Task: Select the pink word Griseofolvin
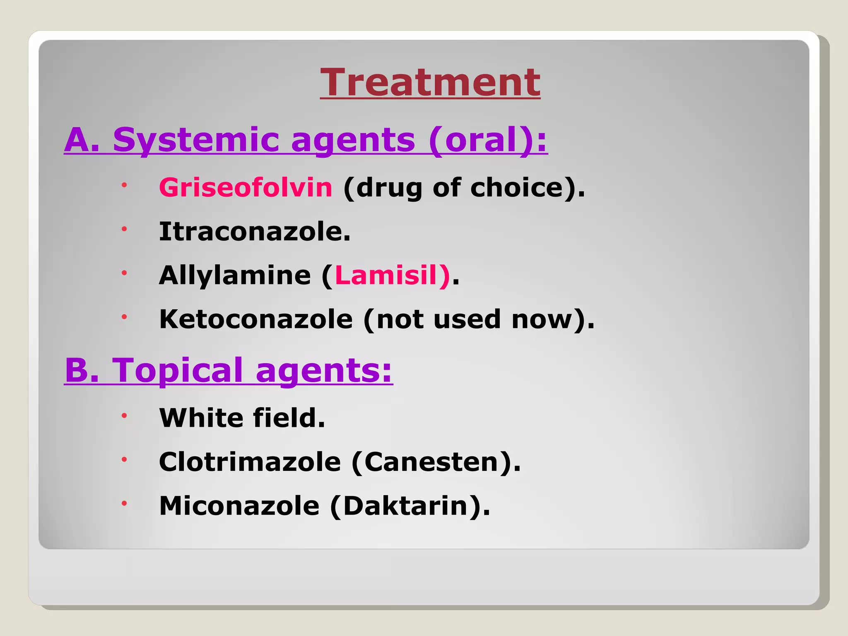point(246,188)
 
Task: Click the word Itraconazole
point(254,231)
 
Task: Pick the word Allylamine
point(235,275)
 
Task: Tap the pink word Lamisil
point(386,275)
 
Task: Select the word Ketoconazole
point(256,319)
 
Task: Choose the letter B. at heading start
point(82,370)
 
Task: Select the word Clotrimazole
point(250,462)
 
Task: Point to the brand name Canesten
point(431,462)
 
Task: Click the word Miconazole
point(239,506)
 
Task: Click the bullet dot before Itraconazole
point(124,229)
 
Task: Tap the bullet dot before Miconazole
point(124,503)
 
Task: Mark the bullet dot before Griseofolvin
point(124,185)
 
